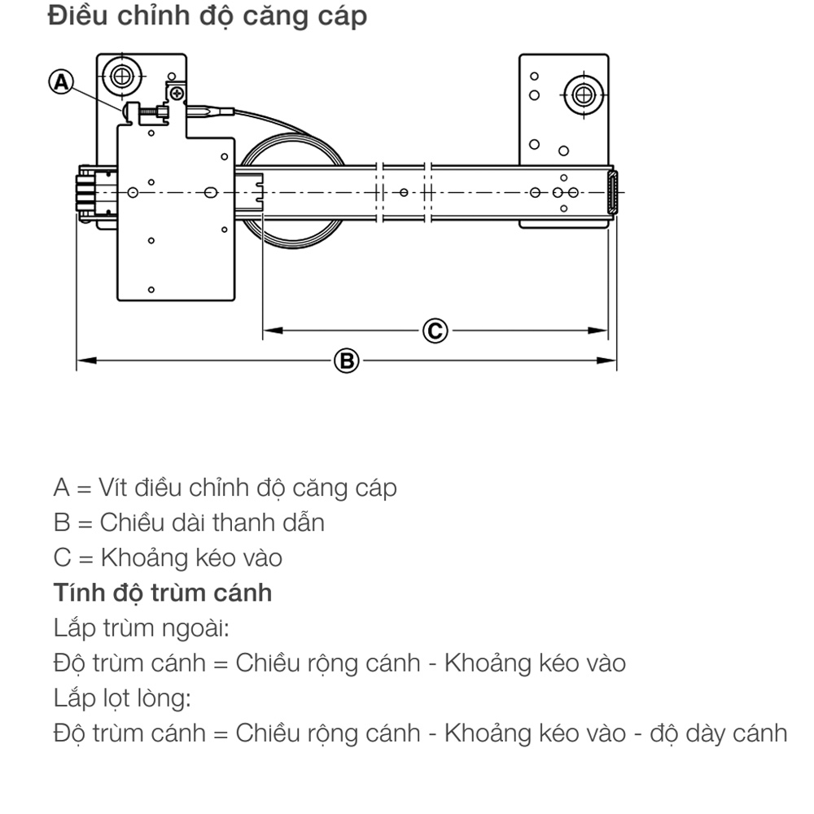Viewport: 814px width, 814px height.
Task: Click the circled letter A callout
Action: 61,82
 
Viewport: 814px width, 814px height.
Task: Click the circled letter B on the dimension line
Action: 347,361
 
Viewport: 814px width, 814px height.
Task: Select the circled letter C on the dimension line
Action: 435,330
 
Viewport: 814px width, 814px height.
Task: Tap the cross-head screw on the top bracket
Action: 177,94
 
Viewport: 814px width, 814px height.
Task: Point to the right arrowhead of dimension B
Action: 606,361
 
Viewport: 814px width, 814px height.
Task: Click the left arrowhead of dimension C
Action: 273,330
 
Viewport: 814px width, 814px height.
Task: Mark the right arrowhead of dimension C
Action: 597,330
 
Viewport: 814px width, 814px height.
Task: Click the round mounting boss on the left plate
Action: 122,77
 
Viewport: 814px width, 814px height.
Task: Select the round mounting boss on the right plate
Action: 584,95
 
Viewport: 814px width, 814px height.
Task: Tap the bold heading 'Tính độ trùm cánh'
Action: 163,593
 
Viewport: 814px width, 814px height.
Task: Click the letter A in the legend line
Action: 61,488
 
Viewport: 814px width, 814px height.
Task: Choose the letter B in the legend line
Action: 61,523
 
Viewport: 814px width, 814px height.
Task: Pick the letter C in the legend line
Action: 62,558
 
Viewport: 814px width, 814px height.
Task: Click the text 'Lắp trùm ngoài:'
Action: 141,628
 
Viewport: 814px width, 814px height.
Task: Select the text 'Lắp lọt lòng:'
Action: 122,698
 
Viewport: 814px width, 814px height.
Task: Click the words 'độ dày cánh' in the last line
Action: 719,733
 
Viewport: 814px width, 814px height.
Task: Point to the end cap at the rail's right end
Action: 613,193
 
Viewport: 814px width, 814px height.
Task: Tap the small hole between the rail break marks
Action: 404,193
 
